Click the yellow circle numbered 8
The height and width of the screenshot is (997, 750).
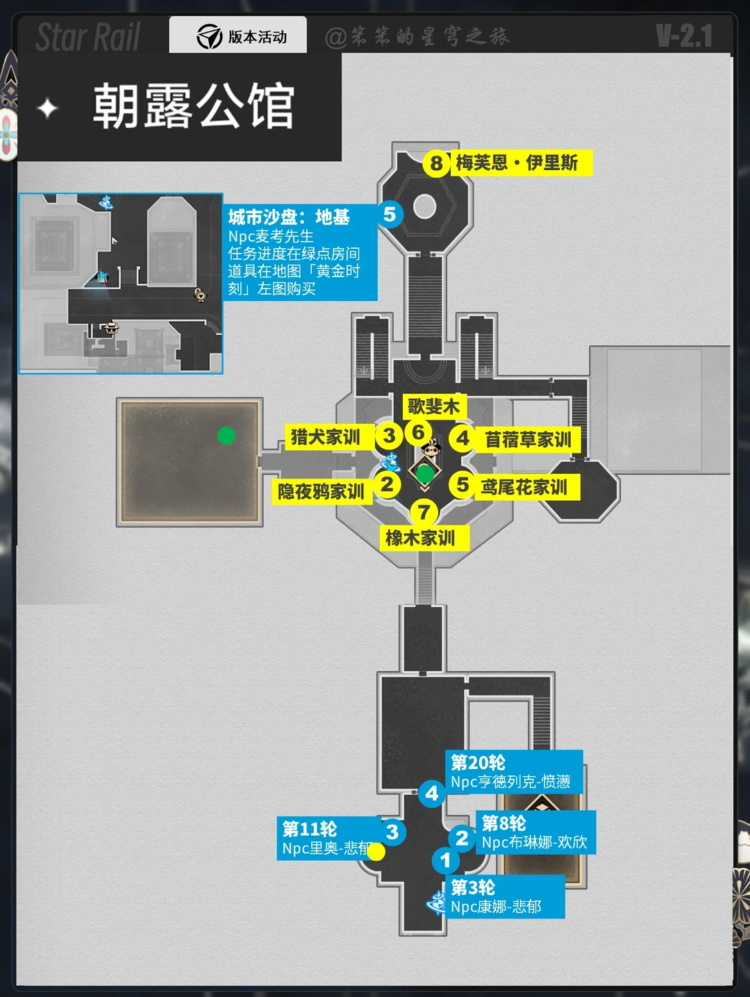click(x=435, y=163)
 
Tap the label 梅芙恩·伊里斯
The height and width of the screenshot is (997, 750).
click(x=517, y=163)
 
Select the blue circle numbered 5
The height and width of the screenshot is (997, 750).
click(x=390, y=215)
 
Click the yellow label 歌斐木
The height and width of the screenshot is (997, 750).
click(x=433, y=406)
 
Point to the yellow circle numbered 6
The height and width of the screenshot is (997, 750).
click(x=418, y=432)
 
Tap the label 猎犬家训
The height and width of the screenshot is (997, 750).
click(x=325, y=437)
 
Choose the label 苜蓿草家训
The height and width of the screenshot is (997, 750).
click(x=528, y=440)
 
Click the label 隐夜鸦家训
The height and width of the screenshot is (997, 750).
click(x=321, y=491)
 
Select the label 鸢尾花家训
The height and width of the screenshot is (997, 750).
click(x=524, y=487)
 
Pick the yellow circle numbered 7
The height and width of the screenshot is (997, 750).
click(x=424, y=513)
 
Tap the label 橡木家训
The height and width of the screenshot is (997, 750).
click(x=420, y=538)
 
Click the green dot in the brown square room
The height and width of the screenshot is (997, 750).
click(x=226, y=436)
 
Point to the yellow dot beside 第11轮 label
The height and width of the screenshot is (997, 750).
click(x=376, y=852)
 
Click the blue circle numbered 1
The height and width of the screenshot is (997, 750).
click(x=446, y=861)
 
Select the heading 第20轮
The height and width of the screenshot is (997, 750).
click(x=478, y=763)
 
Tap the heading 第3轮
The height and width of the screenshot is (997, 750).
click(x=473, y=887)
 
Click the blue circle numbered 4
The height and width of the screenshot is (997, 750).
click(x=432, y=793)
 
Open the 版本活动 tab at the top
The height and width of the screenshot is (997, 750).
click(x=238, y=36)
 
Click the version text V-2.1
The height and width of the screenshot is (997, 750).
click(x=684, y=36)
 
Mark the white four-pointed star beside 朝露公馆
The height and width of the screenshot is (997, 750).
click(x=47, y=108)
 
